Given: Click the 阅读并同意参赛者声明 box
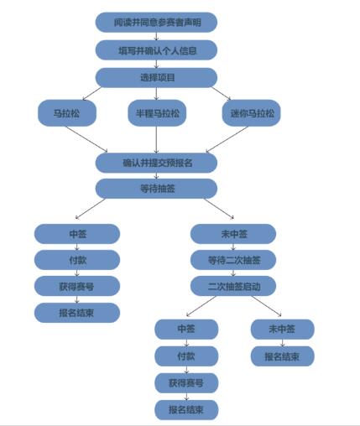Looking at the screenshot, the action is pyautogui.click(x=156, y=22).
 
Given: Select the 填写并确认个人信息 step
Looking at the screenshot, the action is pyautogui.click(x=156, y=50).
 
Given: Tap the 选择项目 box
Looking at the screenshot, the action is pyautogui.click(x=156, y=77).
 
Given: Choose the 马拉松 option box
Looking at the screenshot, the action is pyautogui.click(x=67, y=113).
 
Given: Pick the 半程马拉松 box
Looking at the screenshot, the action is pyautogui.click(x=157, y=113).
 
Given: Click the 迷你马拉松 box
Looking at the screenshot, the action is pyautogui.click(x=251, y=113).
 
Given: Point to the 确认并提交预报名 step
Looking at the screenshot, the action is pyautogui.click(x=156, y=163).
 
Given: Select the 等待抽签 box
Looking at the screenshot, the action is pyautogui.click(x=156, y=189).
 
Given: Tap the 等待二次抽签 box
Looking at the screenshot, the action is pyautogui.click(x=233, y=260).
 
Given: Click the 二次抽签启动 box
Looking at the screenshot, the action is pyautogui.click(x=233, y=286).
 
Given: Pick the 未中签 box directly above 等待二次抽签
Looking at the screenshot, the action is pyautogui.click(x=233, y=234).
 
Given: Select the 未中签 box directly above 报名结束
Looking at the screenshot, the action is pyautogui.click(x=283, y=330).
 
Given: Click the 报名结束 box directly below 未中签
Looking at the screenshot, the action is pyautogui.click(x=283, y=356).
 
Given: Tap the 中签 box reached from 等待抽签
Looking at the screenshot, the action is pyautogui.click(x=77, y=234).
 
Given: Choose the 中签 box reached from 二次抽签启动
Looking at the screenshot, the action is pyautogui.click(x=186, y=330).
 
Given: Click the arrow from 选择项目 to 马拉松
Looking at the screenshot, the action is pyautogui.click(x=92, y=93).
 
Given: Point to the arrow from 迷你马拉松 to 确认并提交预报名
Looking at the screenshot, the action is pyautogui.click(x=227, y=139).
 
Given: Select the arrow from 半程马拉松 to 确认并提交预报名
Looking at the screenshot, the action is pyautogui.click(x=156, y=139).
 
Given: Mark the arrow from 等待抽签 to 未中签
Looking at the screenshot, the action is pyautogui.click(x=219, y=208).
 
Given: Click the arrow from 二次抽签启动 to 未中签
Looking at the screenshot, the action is pyautogui.click(x=266, y=306).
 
